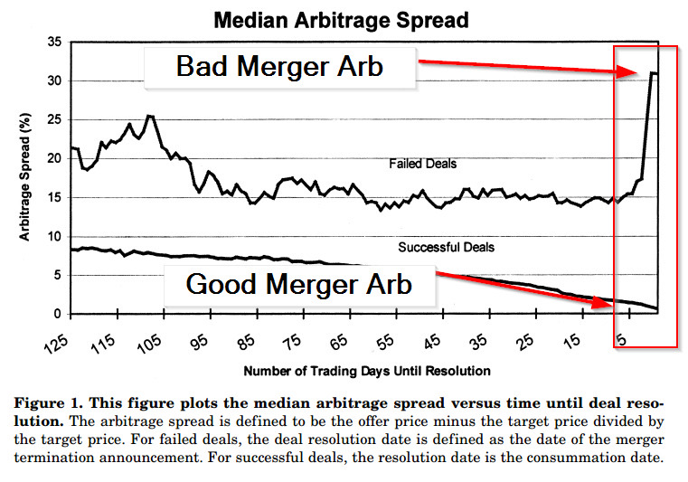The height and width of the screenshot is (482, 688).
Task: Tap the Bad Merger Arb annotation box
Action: pos(279,66)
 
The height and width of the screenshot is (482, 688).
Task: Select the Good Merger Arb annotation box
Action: pos(299,284)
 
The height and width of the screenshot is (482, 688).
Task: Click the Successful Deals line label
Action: pos(447,246)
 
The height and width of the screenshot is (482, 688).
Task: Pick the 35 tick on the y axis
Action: pos(55,42)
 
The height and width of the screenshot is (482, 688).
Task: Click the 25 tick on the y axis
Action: pos(55,119)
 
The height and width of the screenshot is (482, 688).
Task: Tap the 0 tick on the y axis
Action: pos(59,315)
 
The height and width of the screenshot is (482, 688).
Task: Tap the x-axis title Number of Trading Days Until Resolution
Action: pos(367,371)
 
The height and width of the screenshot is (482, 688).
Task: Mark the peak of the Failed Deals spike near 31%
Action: pos(652,72)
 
